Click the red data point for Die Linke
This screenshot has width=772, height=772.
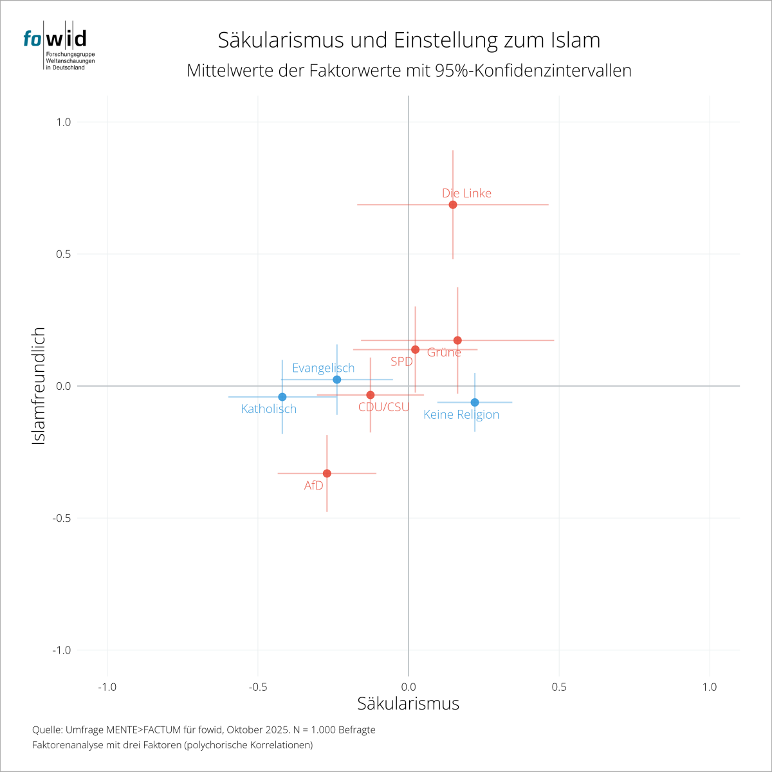(453, 205)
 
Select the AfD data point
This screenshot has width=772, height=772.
(327, 473)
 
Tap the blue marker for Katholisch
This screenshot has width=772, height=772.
(282, 397)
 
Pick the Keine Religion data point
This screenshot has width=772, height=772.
(475, 403)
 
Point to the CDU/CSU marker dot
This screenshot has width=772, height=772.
(371, 395)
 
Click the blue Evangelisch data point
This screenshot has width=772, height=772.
(337, 380)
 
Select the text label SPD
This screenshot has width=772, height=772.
(401, 362)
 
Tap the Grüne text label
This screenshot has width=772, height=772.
(444, 352)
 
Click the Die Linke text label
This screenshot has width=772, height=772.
(466, 193)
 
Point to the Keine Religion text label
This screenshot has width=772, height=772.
(461, 414)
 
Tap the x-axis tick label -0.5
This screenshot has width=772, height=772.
(257, 687)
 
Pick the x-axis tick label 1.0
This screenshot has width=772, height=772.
(710, 687)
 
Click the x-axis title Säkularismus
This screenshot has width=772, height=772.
(408, 703)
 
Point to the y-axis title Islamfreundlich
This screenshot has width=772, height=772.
(39, 386)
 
